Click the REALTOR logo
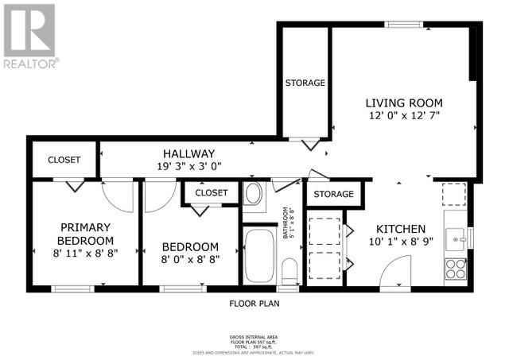(29, 36)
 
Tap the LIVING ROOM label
(403, 103)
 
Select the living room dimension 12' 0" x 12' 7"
(403, 116)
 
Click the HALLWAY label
(188, 153)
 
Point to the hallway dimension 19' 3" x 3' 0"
(188, 166)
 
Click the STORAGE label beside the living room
(305, 83)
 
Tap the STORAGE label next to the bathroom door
(333, 194)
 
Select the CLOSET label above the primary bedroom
(64, 160)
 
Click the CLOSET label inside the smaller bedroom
(211, 193)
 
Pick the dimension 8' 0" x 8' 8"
(191, 258)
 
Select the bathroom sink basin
(254, 194)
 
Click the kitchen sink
(456, 236)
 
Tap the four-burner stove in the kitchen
(456, 269)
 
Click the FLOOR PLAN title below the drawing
(254, 303)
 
